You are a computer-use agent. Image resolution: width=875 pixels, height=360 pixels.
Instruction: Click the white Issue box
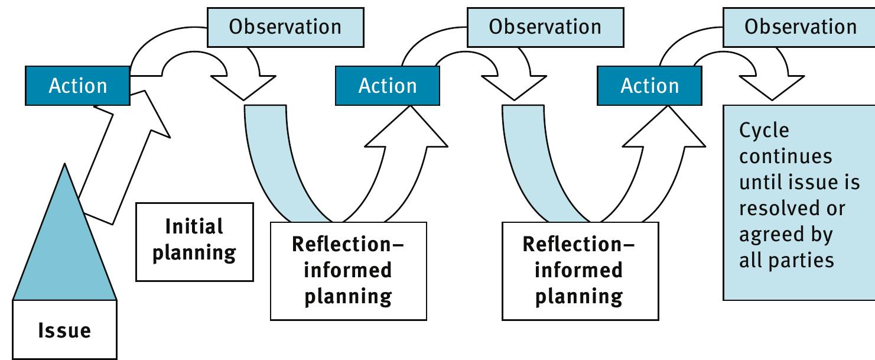(x=65, y=330)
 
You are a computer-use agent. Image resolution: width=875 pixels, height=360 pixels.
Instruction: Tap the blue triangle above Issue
(x=64, y=248)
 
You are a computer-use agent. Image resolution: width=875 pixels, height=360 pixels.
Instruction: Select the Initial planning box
(x=194, y=241)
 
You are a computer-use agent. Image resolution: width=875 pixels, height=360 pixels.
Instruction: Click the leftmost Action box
(x=78, y=86)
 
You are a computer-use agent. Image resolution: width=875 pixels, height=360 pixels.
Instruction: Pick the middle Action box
(x=388, y=86)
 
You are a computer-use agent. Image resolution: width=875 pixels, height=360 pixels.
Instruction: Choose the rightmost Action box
(x=650, y=86)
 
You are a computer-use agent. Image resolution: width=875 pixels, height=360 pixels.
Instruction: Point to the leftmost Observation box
(x=285, y=27)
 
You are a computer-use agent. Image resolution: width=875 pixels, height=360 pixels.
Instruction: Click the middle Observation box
(x=545, y=27)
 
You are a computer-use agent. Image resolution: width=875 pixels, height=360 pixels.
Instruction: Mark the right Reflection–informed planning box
(x=579, y=271)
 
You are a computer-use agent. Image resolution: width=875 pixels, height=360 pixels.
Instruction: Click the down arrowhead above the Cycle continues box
(x=771, y=87)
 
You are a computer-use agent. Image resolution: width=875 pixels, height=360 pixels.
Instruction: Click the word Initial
(x=194, y=226)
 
